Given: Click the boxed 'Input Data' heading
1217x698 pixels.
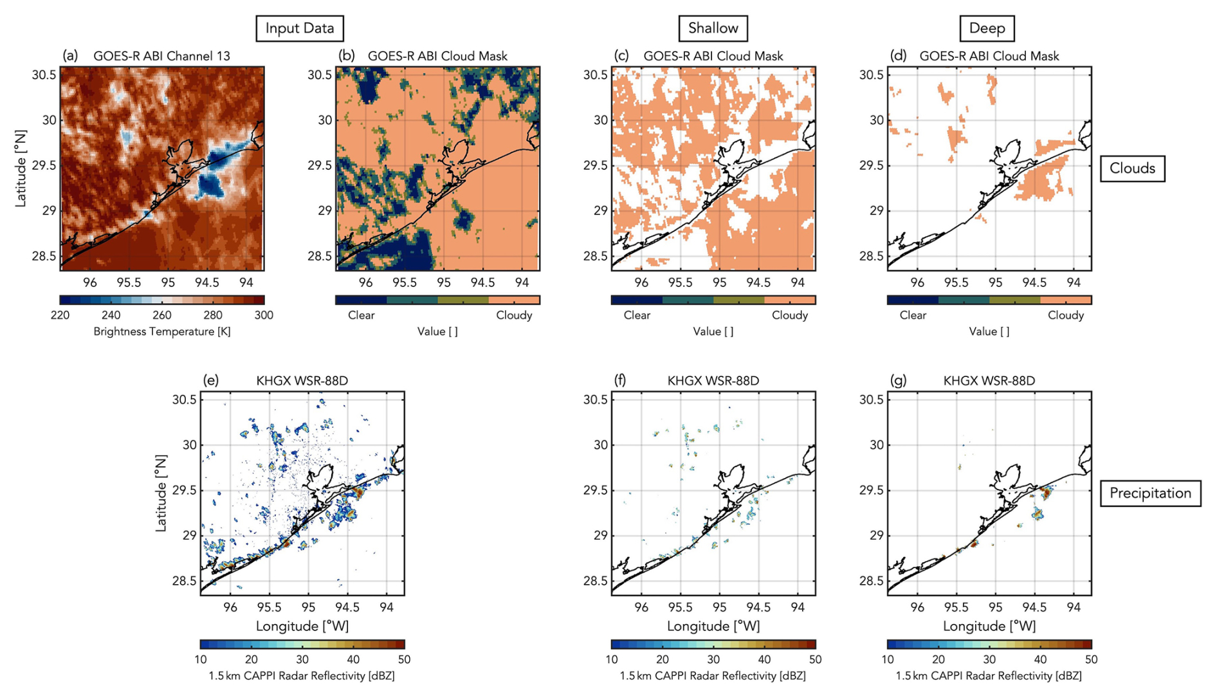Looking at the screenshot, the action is pos(300,28).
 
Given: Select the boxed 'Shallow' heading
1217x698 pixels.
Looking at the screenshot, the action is pos(713,28).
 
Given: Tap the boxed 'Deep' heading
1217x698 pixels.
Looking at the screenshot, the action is pos(987,28).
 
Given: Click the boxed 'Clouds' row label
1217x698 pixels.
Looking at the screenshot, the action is pos(1132,169).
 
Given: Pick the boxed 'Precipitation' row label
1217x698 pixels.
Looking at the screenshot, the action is pos(1150,493).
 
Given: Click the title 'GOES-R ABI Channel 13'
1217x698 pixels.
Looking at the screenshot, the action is pos(161,56).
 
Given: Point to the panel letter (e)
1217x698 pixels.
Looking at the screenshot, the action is pos(210,380).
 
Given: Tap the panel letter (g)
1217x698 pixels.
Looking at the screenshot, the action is pos(898,380).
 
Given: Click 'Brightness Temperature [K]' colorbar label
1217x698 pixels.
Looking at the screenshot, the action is pos(162,331).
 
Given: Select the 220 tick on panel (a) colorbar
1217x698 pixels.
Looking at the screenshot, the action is pos(60,315).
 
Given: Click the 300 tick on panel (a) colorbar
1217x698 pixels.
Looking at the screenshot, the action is pos(264,315).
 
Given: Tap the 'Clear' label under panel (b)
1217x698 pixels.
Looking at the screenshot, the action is pos(361,315).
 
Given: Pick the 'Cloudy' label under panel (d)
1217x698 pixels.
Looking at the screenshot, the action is pos(1066,315).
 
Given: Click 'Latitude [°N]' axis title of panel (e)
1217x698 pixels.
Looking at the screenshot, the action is pos(161,493).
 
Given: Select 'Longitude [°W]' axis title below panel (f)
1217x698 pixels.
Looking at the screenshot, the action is pos(713,626).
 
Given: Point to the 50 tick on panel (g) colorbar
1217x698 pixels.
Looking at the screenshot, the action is pos(1091,659).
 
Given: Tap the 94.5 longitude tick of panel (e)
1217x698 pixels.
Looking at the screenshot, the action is pos(347,607).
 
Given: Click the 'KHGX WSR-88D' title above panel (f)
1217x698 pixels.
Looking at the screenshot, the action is pos(713,381).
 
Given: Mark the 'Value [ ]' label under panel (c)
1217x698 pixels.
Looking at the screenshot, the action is pos(713,331).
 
